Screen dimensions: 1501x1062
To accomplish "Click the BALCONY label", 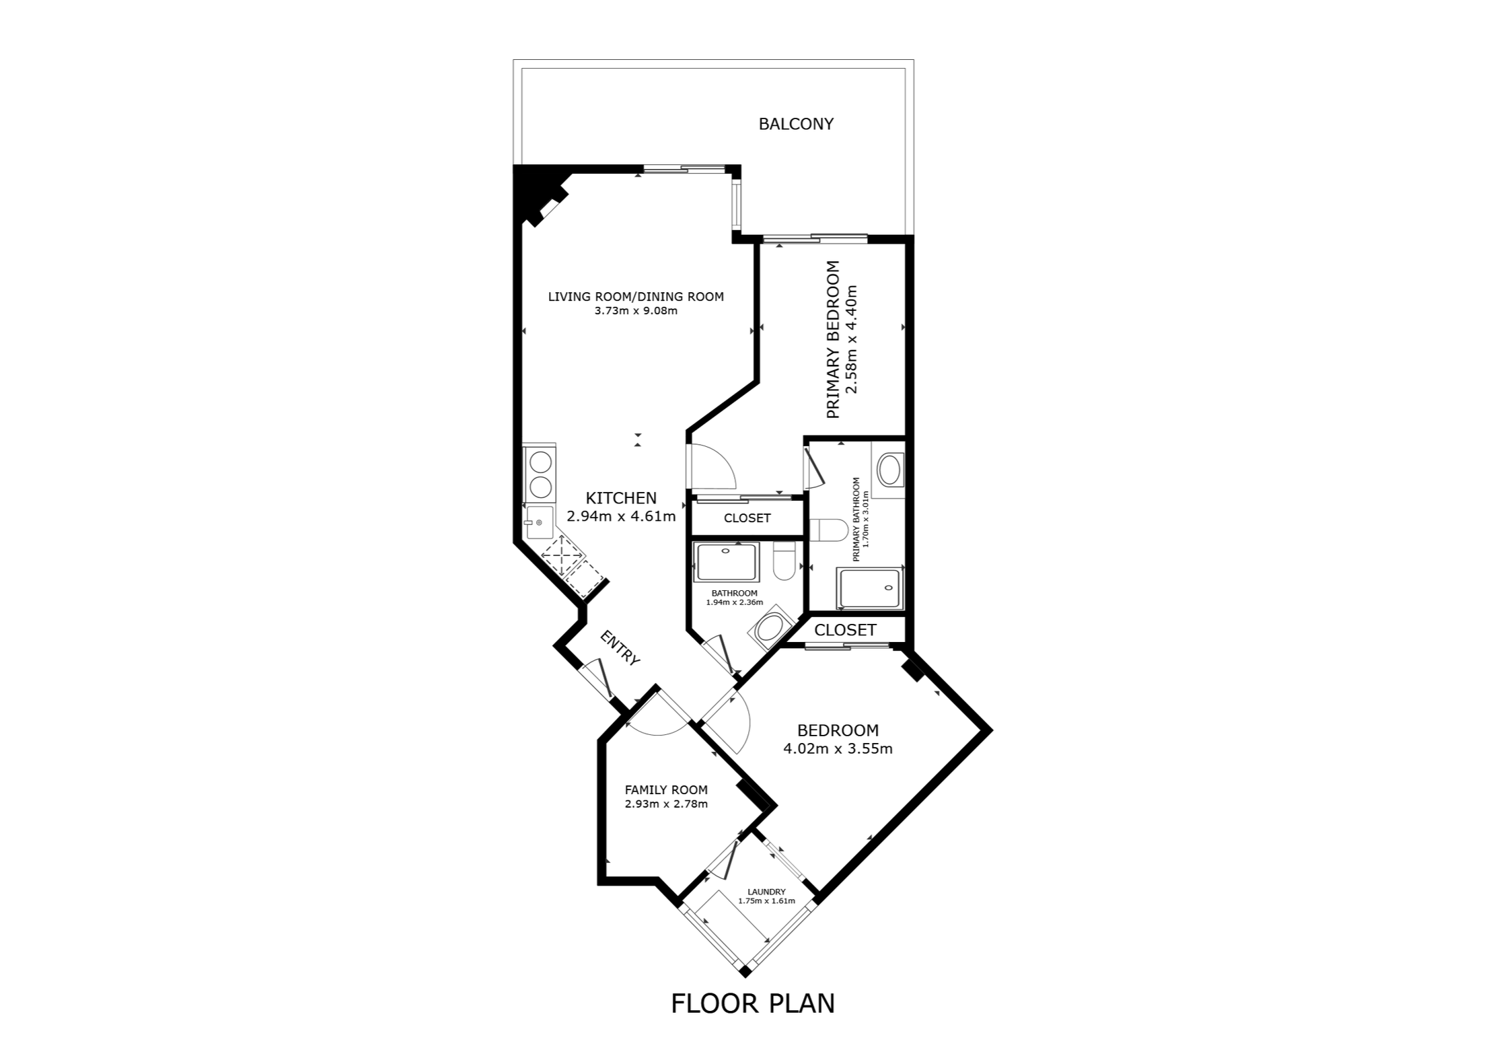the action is coord(796,125).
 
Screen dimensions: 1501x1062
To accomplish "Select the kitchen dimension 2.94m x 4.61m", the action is coord(621,516).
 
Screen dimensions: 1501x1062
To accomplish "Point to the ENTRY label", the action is coord(620,648).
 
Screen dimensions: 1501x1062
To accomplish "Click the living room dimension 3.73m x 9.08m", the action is coord(636,311).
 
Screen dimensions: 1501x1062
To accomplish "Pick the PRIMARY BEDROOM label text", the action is coord(833,339).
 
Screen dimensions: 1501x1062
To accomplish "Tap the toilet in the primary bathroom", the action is coord(828,530).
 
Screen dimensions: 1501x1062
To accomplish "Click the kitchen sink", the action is coord(538,522).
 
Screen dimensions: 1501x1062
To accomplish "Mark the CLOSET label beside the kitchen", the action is coord(747,518).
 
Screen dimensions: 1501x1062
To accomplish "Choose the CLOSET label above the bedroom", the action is coord(845,630).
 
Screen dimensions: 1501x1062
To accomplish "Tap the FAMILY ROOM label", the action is coord(666,790).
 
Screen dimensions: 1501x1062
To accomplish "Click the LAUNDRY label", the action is coord(766,892).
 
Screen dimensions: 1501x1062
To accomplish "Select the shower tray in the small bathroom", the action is coord(727,563).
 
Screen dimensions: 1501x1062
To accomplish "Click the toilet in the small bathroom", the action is coord(784,561).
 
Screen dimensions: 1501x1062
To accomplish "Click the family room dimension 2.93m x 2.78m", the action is coord(666,804).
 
